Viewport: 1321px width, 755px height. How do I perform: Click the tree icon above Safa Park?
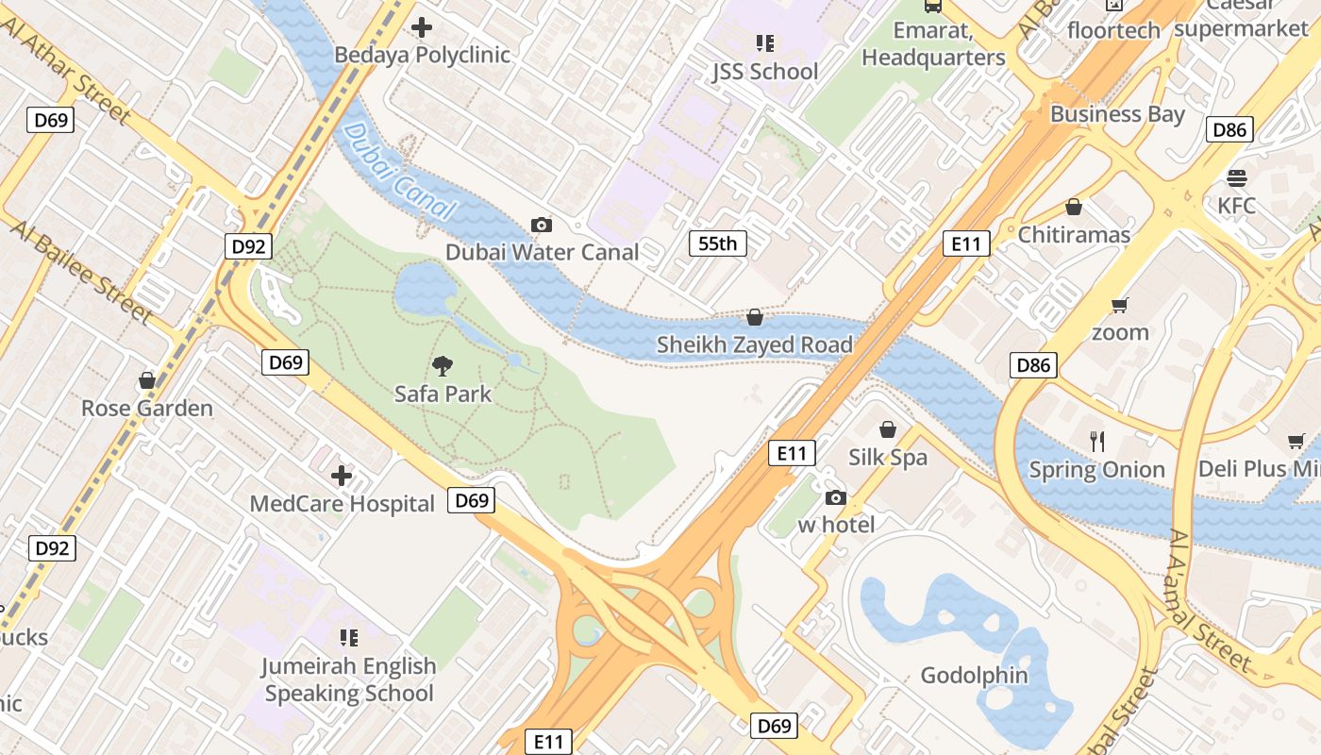point(443,366)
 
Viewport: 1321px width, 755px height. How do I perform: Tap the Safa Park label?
point(443,394)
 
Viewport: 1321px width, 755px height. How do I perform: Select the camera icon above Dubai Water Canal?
point(542,225)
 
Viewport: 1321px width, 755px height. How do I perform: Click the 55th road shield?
point(717,243)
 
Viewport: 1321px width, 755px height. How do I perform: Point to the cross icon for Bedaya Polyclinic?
point(422,27)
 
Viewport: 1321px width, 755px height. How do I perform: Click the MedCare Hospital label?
point(342,504)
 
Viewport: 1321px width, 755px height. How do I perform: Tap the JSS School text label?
point(764,72)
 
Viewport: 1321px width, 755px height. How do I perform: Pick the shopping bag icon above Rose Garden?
point(147,380)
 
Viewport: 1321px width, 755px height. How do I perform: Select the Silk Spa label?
point(887,458)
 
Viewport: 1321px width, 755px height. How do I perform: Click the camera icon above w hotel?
point(835,497)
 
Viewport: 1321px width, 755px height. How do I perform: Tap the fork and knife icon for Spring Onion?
point(1096,441)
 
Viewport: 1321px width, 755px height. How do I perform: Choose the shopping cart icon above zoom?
point(1120,305)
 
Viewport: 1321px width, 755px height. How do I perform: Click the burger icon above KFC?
point(1236,178)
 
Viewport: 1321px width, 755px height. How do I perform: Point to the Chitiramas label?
point(1073,234)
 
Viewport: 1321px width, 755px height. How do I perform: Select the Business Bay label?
point(1117,114)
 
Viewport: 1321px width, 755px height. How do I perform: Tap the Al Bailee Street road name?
point(81,272)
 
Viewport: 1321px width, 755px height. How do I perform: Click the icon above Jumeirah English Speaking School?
point(349,638)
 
